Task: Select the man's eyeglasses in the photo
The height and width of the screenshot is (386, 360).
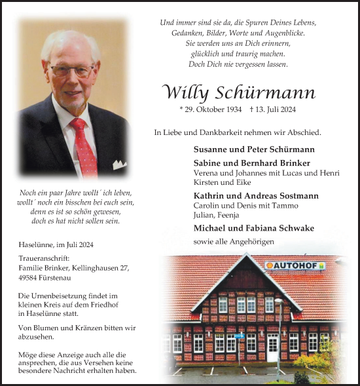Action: [x=73, y=70]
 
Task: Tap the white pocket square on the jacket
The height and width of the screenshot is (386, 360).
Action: [x=119, y=164]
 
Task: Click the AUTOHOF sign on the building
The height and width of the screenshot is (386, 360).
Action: [x=295, y=265]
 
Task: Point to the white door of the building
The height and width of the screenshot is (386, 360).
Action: [x=272, y=348]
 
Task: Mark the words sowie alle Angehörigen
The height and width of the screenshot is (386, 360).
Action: [x=234, y=242]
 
